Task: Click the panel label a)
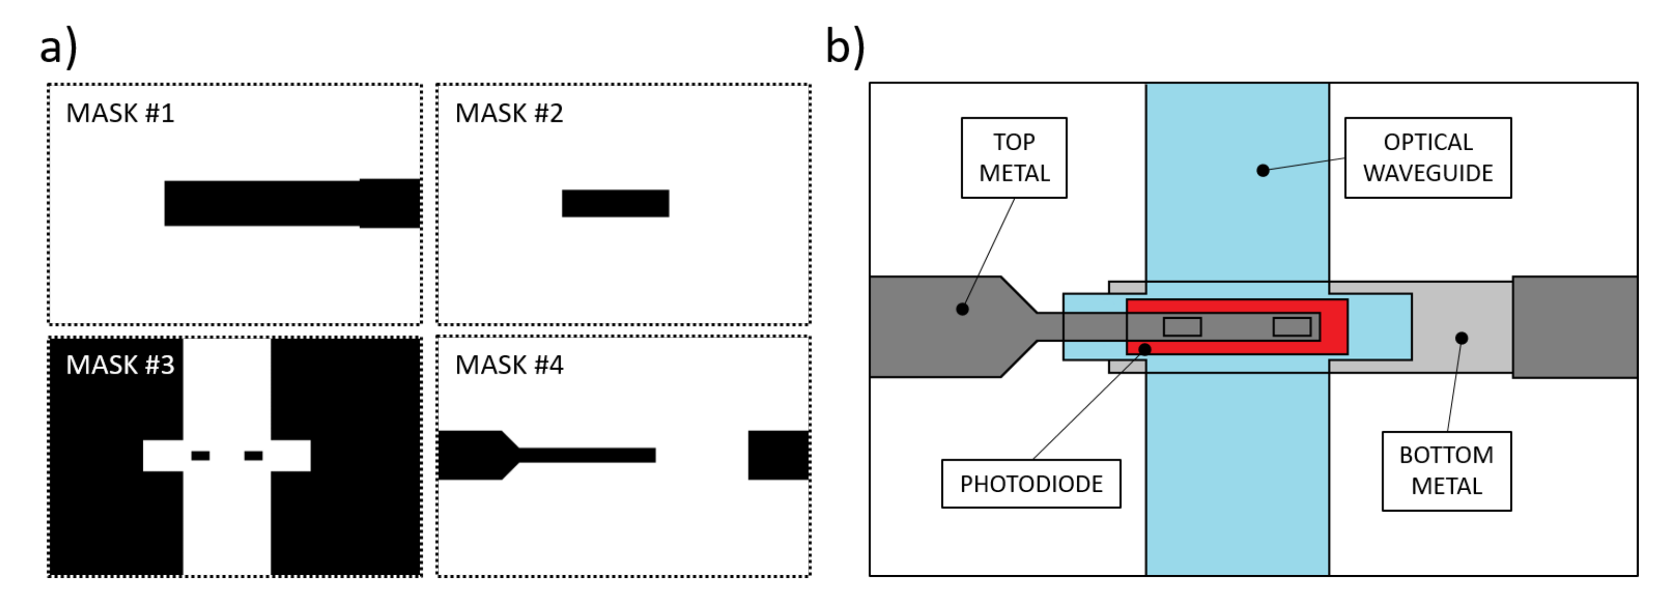click(x=58, y=47)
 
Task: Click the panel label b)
click(x=845, y=47)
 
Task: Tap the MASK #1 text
click(x=120, y=113)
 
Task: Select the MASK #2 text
click(x=509, y=113)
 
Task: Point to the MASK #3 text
click(x=120, y=365)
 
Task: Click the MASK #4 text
click(x=509, y=365)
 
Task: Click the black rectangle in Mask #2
click(x=615, y=203)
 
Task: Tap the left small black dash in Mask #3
click(x=200, y=455)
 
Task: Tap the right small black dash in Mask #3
click(x=253, y=455)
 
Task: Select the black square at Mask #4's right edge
click(x=778, y=455)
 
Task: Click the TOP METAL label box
click(x=1014, y=157)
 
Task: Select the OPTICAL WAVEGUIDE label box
click(x=1427, y=157)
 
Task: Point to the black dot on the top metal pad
click(x=962, y=309)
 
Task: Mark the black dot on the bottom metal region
click(x=1461, y=338)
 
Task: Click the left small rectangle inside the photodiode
click(x=1181, y=327)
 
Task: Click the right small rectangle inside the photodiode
click(x=1291, y=327)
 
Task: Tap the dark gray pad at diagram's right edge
click(x=1574, y=327)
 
